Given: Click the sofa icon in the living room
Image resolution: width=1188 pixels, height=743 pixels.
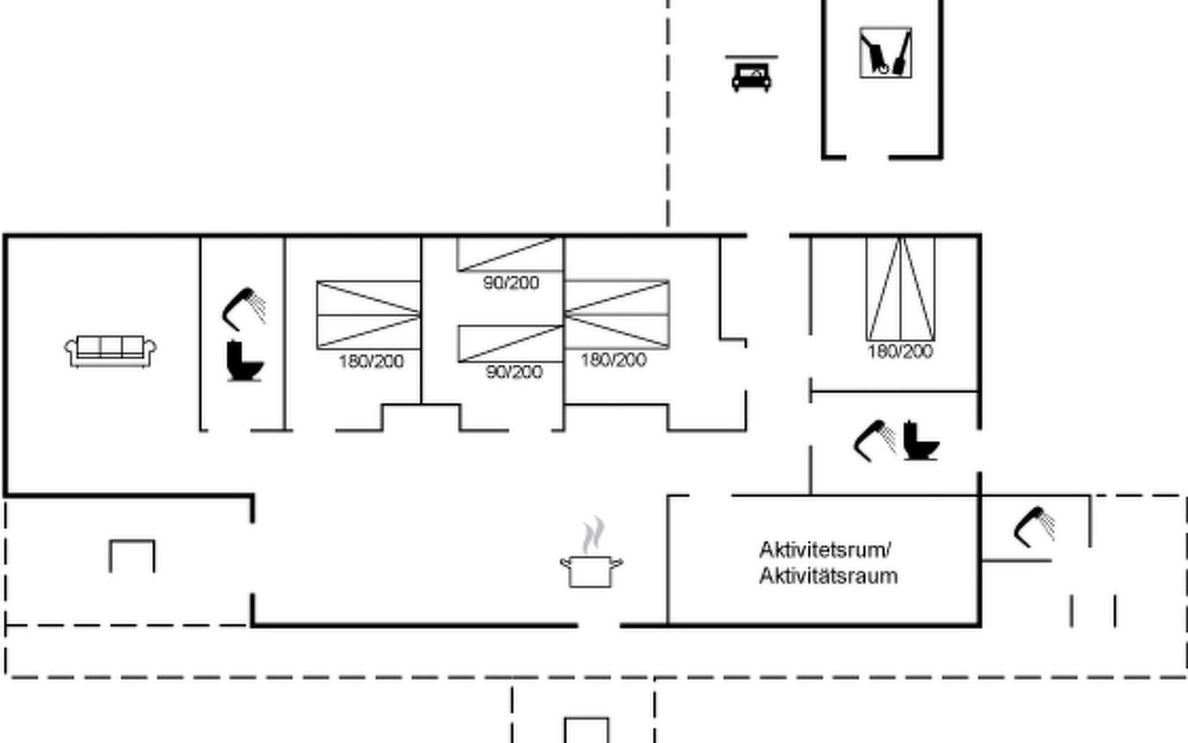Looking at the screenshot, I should click(x=110, y=351).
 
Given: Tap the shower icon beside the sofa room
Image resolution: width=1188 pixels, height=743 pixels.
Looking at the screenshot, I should click(x=244, y=308).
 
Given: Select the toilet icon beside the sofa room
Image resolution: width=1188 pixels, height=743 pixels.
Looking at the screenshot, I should click(x=244, y=361).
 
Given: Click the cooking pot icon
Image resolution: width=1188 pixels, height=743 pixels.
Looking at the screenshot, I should click(x=591, y=570).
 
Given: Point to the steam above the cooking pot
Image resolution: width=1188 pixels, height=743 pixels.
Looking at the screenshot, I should click(x=593, y=534).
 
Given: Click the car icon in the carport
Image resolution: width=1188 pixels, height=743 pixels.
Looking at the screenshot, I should click(x=751, y=76).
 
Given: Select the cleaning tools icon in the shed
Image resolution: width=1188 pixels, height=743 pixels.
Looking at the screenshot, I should click(x=885, y=53).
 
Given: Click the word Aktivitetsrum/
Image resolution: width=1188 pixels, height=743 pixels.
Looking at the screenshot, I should click(x=825, y=549).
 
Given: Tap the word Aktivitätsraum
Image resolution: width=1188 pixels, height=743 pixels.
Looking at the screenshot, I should click(x=828, y=576).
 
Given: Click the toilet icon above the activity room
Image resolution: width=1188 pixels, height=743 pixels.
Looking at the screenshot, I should click(x=921, y=441).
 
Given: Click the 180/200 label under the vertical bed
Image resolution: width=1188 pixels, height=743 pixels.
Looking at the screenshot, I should click(x=900, y=352).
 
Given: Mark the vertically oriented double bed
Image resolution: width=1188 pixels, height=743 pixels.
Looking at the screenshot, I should click(x=900, y=289).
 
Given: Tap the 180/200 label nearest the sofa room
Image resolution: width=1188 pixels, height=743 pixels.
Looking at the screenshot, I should click(x=371, y=361).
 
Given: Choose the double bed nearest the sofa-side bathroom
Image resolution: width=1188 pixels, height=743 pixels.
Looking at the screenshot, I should click(x=369, y=315).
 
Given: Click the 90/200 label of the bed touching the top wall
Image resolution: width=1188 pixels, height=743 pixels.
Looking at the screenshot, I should click(x=511, y=283).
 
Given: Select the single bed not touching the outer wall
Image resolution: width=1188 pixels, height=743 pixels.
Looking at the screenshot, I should click(x=510, y=344).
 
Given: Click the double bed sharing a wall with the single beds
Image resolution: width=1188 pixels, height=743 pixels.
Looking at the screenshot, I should click(x=617, y=315).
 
